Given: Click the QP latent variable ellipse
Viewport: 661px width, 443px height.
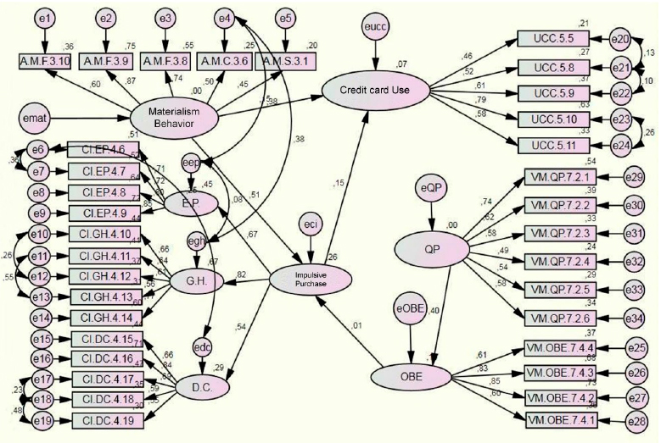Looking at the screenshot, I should coord(432,246).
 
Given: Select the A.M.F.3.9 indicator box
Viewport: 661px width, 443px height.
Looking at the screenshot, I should coord(105,61).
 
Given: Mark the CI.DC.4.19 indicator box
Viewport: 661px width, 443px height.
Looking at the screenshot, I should coord(104,419).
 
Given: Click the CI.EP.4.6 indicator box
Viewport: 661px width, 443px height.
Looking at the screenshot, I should coord(104,150).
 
